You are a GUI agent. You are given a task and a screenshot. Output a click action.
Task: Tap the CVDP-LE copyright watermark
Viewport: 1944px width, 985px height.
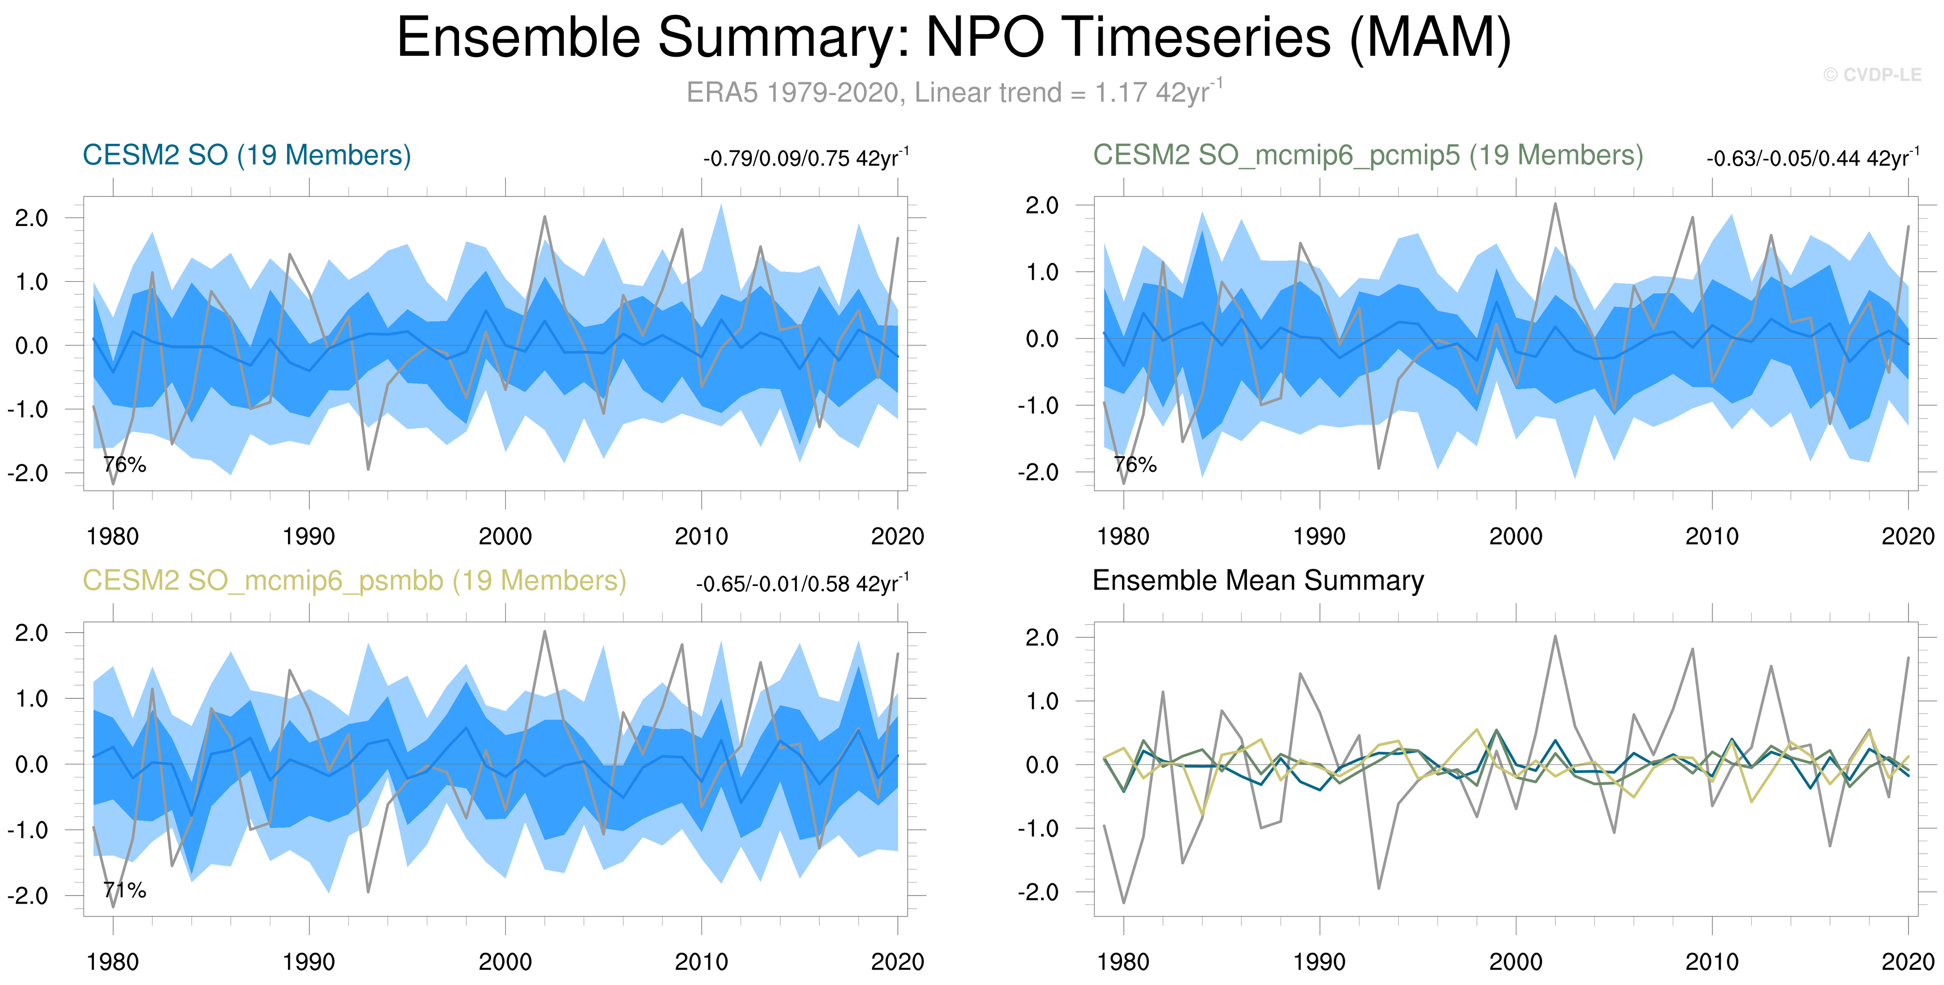1872,75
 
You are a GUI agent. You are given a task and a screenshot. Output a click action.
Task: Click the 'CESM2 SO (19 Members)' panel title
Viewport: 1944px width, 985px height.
247,155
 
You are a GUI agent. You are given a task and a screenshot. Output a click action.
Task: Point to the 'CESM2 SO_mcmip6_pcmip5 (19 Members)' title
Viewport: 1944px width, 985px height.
1367,155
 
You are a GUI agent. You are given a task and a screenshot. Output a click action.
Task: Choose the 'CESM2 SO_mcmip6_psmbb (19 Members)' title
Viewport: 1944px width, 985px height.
354,581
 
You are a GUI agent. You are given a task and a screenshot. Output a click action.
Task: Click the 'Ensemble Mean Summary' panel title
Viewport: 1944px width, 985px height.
1258,581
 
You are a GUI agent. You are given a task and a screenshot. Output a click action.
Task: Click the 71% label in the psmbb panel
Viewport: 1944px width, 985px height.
124,891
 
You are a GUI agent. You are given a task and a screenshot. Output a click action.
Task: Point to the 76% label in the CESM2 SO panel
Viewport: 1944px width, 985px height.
124,465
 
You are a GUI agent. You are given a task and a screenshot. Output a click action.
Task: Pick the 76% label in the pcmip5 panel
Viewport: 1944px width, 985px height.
1135,465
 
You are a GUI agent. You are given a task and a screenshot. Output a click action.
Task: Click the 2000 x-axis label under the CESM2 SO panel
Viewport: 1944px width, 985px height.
505,537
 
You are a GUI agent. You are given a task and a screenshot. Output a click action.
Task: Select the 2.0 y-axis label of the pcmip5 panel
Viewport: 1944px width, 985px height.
1042,205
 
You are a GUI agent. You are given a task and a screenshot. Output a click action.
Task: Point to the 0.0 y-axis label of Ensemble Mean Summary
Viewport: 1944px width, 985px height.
1042,765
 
